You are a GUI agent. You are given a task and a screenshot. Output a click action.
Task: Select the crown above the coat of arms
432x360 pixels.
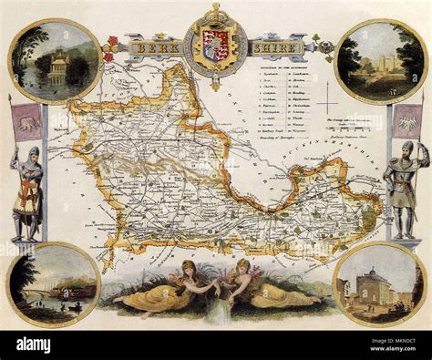pos(215,13)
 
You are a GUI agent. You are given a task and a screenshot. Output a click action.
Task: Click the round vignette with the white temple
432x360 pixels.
pos(54,62)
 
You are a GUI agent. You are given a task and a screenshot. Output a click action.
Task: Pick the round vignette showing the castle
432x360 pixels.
pos(380,61)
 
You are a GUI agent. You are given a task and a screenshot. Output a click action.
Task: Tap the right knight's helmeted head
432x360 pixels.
pos(406,147)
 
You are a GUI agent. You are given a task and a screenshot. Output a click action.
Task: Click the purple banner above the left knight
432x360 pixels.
pos(27,120)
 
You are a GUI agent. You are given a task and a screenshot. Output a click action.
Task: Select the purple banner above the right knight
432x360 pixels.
pos(406,120)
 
